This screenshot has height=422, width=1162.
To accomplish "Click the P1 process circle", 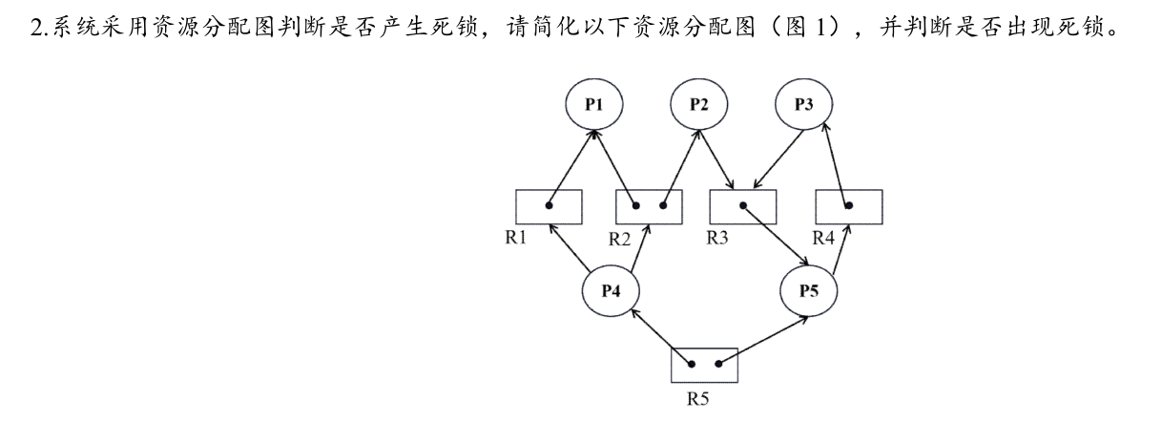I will [x=593, y=104].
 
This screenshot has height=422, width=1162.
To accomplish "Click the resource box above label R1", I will [x=549, y=206].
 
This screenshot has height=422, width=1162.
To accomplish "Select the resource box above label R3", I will [x=744, y=206].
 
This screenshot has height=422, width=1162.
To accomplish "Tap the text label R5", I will [x=698, y=400].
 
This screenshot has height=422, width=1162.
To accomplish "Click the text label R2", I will [x=621, y=239].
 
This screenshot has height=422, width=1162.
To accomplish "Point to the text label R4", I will [x=823, y=238].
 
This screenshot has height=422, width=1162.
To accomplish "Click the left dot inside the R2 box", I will [x=636, y=205].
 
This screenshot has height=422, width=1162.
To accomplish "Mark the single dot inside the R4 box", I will [x=848, y=205].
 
